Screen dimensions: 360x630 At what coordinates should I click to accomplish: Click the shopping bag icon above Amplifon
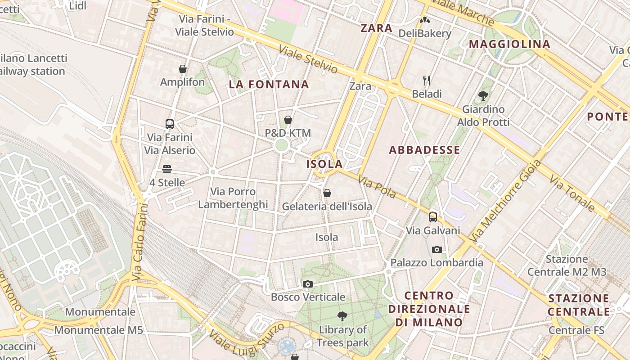(183, 69)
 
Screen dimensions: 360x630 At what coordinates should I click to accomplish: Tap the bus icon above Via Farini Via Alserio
(170, 124)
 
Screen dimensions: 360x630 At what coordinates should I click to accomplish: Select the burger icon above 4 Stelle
(167, 169)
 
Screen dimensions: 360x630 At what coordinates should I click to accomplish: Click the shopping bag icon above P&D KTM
(288, 120)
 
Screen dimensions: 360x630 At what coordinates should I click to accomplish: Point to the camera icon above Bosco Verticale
(308, 284)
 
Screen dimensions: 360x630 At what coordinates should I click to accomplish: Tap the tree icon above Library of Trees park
(342, 316)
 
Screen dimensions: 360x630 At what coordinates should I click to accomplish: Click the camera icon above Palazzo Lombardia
(436, 249)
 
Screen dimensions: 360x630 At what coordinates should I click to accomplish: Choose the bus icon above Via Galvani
(433, 217)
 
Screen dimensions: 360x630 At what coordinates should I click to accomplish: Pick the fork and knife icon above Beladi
(427, 81)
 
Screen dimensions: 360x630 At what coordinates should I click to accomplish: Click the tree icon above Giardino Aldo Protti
(484, 95)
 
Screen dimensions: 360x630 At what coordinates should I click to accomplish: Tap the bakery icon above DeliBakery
(424, 20)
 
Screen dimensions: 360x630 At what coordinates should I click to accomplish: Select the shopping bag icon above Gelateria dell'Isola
(327, 193)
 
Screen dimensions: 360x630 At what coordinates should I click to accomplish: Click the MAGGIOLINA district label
(509, 44)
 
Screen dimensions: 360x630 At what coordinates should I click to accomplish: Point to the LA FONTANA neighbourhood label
(269, 84)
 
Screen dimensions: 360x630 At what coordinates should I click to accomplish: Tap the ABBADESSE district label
(424, 150)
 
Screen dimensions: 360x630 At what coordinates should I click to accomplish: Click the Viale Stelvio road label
(308, 59)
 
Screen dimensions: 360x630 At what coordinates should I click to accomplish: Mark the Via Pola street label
(377, 187)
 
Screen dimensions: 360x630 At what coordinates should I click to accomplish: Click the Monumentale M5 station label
(99, 330)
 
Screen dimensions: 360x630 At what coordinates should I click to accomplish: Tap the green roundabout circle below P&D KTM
(282, 145)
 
